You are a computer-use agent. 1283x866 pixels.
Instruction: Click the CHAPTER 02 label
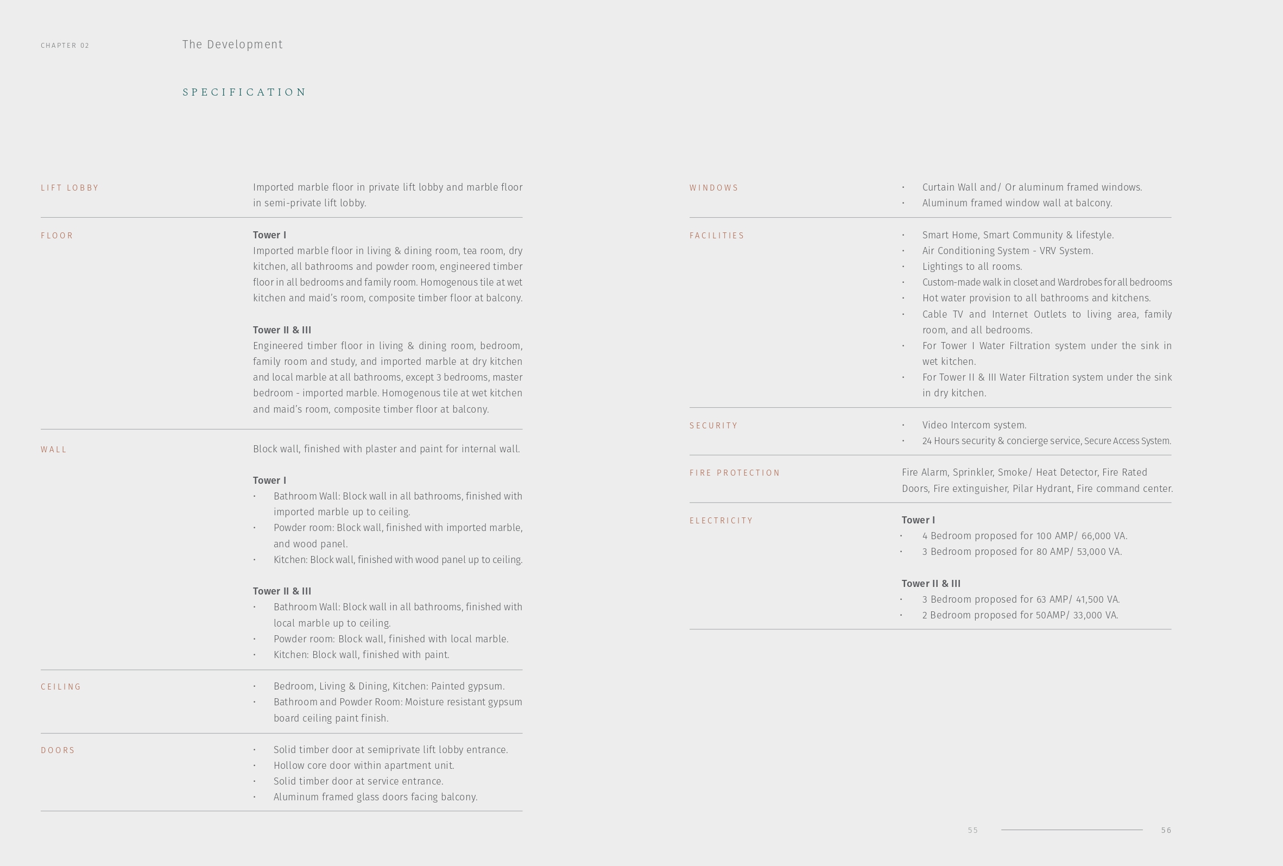tap(65, 45)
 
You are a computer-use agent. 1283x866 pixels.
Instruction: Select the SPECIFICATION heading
tap(244, 92)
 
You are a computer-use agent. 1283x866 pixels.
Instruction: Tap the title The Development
tap(232, 45)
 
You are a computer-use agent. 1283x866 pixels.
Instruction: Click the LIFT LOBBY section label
tap(69, 188)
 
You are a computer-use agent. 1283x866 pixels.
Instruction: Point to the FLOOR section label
tap(57, 236)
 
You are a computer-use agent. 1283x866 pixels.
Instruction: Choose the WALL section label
tap(54, 449)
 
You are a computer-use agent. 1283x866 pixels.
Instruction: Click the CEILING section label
tap(61, 687)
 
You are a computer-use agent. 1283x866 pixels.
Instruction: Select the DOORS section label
tap(58, 750)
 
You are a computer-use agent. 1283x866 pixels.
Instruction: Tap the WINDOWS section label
tap(713, 188)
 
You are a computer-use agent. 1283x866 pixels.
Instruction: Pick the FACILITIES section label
tap(717, 236)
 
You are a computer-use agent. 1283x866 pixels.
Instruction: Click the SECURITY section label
tap(713, 426)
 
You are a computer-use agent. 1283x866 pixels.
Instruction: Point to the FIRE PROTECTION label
tap(734, 473)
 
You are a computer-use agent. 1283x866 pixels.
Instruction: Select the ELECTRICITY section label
tap(721, 521)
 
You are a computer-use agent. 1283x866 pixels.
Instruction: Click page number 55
tap(973, 830)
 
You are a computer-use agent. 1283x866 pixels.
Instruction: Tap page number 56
tap(1166, 830)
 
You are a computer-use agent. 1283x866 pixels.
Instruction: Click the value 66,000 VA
tap(1104, 536)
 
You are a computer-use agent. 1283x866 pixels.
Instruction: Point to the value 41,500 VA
tap(1097, 599)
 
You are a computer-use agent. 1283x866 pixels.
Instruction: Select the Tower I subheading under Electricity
tap(918, 520)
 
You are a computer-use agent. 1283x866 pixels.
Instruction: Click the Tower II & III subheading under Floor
tap(282, 330)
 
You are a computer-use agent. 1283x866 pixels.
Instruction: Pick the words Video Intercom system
tap(974, 425)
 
